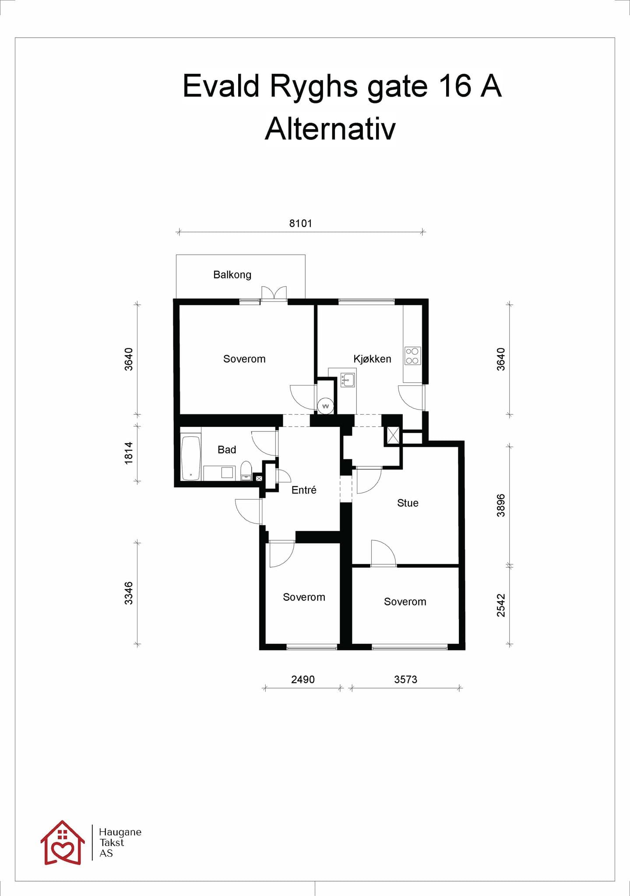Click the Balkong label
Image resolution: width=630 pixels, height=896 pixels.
click(232, 275)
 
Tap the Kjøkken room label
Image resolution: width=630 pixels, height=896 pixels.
click(372, 359)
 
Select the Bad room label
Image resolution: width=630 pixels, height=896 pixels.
click(227, 450)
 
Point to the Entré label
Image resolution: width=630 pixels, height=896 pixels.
click(304, 490)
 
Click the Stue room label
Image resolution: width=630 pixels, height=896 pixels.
click(408, 503)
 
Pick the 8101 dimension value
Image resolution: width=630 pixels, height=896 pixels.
click(301, 224)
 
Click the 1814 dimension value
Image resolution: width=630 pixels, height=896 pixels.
click(128, 453)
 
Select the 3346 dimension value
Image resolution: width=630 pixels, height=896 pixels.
click(128, 593)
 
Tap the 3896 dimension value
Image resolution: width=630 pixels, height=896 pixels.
click(501, 505)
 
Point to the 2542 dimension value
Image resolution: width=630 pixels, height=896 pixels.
click(501, 605)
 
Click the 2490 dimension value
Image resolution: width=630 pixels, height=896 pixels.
click(303, 679)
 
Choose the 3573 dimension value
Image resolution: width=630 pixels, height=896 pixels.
click(405, 679)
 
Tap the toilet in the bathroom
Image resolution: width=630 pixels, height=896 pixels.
click(246, 471)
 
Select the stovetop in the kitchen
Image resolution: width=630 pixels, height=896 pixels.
click(412, 356)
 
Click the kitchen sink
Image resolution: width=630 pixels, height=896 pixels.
click(348, 380)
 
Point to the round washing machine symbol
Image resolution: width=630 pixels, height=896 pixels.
click(325, 406)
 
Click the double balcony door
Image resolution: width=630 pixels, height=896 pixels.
click(274, 294)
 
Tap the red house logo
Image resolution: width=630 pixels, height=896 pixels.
click(63, 843)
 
